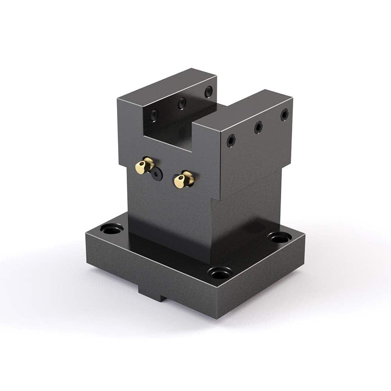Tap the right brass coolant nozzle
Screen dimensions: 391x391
(183, 179)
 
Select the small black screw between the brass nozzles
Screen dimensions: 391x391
(157, 174)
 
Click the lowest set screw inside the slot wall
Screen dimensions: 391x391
(154, 115)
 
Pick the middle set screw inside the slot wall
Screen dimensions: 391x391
(181, 103)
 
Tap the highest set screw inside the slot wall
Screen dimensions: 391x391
(209, 92)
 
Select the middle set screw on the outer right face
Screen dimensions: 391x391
(258, 127)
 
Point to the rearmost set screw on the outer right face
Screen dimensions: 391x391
(284, 114)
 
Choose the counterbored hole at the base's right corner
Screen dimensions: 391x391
(280, 237)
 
